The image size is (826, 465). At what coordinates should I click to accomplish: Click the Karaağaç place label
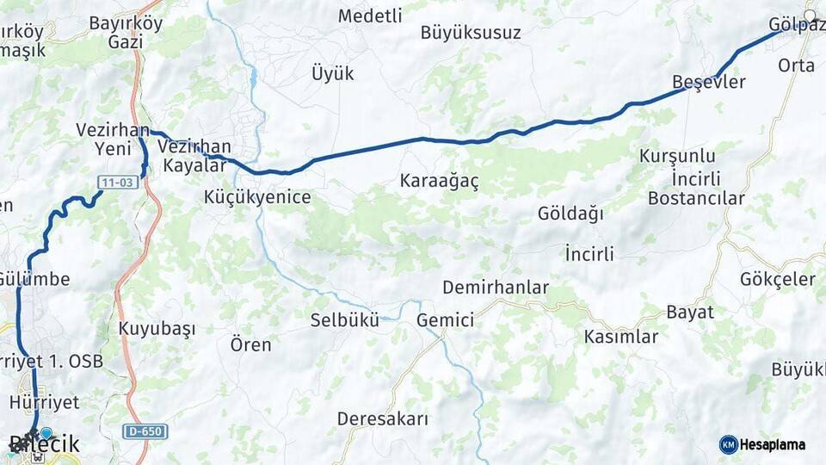439,181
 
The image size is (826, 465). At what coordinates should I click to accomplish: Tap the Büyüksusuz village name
471,34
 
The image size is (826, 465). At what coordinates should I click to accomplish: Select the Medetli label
370,15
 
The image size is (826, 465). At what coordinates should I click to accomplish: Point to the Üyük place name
332,73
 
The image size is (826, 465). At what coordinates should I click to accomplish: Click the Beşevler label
708,82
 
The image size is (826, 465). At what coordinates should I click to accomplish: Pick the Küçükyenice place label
257,197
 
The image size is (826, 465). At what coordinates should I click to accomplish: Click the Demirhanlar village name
496,288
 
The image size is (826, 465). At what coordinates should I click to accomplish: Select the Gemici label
445,320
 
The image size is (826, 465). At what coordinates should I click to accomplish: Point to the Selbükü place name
344,320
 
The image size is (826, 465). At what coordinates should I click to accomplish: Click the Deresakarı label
382,419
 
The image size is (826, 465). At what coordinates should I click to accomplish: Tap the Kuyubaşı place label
157,329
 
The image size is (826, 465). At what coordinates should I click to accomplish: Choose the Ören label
250,345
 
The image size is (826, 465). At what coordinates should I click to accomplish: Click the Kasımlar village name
620,337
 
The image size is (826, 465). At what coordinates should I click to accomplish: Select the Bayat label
690,312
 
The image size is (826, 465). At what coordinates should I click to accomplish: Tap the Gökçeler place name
777,279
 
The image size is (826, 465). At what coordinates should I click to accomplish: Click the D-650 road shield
144,431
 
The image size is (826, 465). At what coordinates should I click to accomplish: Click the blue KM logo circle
728,444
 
